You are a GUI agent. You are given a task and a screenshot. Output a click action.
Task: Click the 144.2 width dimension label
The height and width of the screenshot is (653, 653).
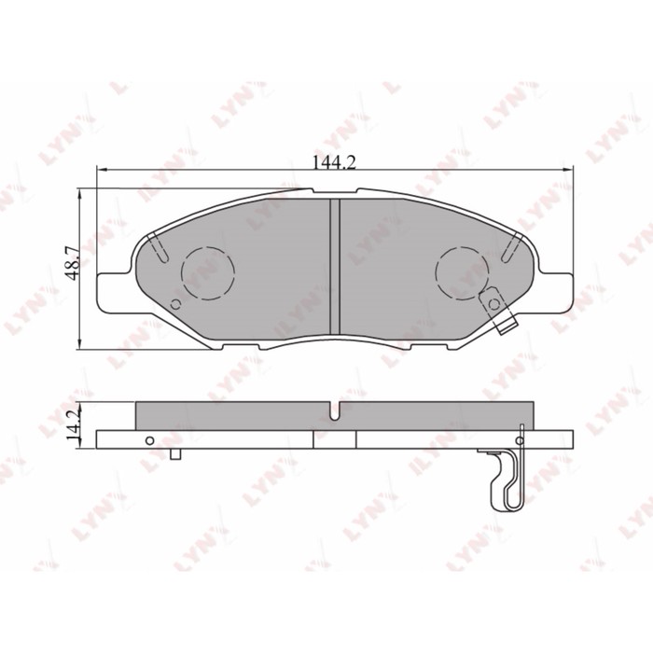point(334,162)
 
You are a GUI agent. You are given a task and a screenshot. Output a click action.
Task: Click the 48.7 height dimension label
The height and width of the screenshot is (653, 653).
point(73,263)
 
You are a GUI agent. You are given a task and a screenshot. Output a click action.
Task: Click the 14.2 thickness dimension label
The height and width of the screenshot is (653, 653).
point(73,425)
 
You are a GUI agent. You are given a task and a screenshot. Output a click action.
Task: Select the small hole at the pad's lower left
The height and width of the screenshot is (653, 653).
point(175,305)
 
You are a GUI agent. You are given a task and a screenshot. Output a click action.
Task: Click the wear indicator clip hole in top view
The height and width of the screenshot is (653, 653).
point(493,304)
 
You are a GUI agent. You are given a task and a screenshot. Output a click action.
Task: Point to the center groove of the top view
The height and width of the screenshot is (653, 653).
point(335,267)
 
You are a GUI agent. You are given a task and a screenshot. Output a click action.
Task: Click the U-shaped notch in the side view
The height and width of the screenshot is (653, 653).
point(335,411)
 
